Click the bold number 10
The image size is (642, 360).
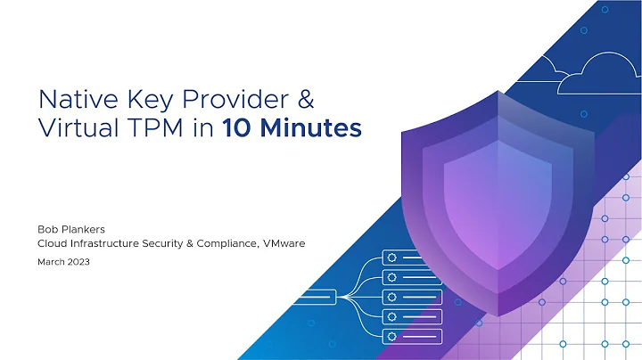239,128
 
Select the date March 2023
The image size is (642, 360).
63,262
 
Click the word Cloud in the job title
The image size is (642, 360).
52,243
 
